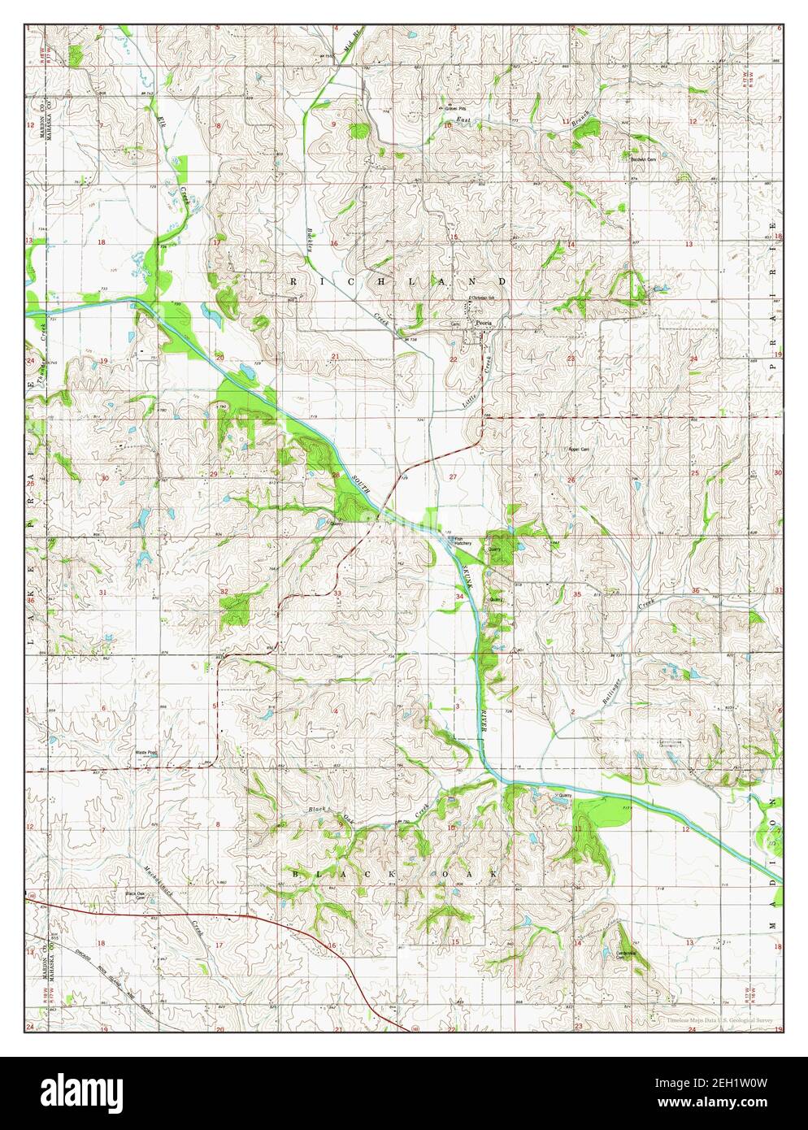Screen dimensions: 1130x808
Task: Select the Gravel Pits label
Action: (455, 108)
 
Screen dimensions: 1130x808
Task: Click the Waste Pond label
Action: (146, 753)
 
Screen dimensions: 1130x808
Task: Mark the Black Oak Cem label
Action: (135, 895)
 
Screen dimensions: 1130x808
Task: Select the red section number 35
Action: (576, 594)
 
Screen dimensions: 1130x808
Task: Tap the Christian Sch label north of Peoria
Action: (484, 298)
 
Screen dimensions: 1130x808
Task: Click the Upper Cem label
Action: (576, 449)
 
